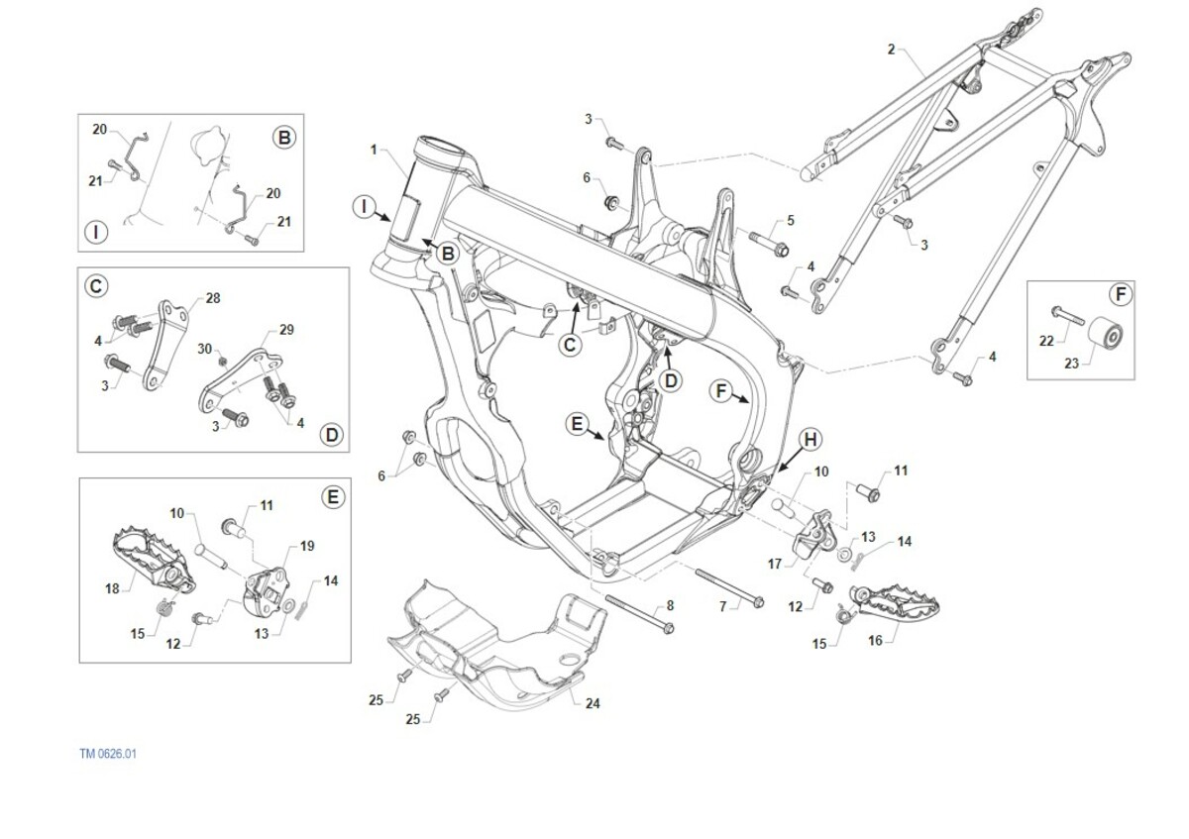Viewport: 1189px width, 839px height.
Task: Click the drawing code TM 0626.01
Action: pyautogui.click(x=108, y=754)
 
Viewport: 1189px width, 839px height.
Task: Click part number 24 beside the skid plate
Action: pyautogui.click(x=593, y=704)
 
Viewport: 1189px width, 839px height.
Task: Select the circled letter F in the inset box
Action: pyautogui.click(x=1120, y=294)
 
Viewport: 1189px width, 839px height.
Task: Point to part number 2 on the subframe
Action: pyautogui.click(x=891, y=49)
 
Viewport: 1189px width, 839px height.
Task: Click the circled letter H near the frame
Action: pyautogui.click(x=811, y=439)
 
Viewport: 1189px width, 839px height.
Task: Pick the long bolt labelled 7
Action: pyautogui.click(x=728, y=587)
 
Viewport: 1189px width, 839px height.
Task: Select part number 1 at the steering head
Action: pyautogui.click(x=374, y=150)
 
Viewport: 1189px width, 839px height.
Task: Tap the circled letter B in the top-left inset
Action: pyautogui.click(x=284, y=138)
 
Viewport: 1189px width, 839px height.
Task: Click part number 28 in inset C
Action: pyautogui.click(x=213, y=297)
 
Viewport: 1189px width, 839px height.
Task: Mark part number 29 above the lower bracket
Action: pyautogui.click(x=286, y=329)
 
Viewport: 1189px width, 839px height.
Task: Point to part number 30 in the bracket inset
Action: pyautogui.click(x=204, y=349)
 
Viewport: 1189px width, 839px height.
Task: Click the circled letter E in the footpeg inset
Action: pyautogui.click(x=334, y=496)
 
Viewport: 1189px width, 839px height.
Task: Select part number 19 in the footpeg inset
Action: pyautogui.click(x=307, y=546)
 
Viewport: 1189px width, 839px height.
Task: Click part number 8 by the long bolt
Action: pyautogui.click(x=670, y=604)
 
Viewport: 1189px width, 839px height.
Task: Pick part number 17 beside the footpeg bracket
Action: pyautogui.click(x=776, y=564)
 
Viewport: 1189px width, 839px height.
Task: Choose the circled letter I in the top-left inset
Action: pyautogui.click(x=96, y=233)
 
